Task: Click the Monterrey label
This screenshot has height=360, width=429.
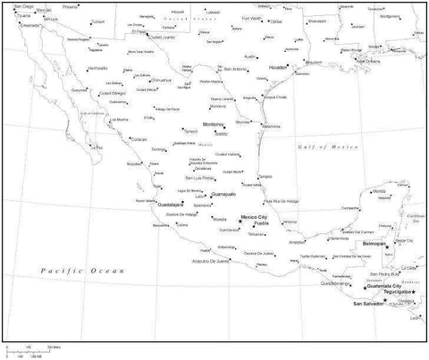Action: point(214,124)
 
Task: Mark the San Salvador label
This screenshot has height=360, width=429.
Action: point(371,305)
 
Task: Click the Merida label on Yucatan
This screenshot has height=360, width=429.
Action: point(380,192)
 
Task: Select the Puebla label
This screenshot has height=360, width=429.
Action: point(261,223)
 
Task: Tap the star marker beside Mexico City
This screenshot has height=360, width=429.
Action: point(240,221)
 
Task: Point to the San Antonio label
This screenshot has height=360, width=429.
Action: point(235,70)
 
